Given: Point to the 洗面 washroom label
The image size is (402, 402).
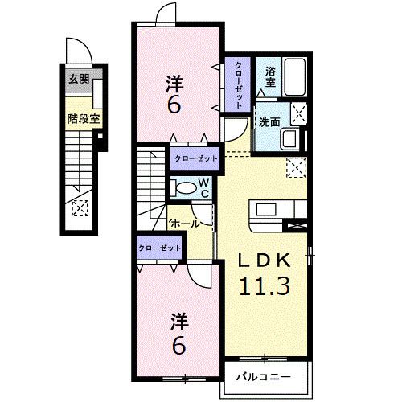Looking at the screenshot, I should (269, 123).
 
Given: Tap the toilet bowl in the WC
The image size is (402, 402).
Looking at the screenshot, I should (184, 189).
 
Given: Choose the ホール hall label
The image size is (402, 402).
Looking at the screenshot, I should (184, 223).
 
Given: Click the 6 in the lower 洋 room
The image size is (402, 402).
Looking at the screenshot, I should (178, 346).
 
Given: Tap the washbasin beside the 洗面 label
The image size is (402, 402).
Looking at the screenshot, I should (289, 139).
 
